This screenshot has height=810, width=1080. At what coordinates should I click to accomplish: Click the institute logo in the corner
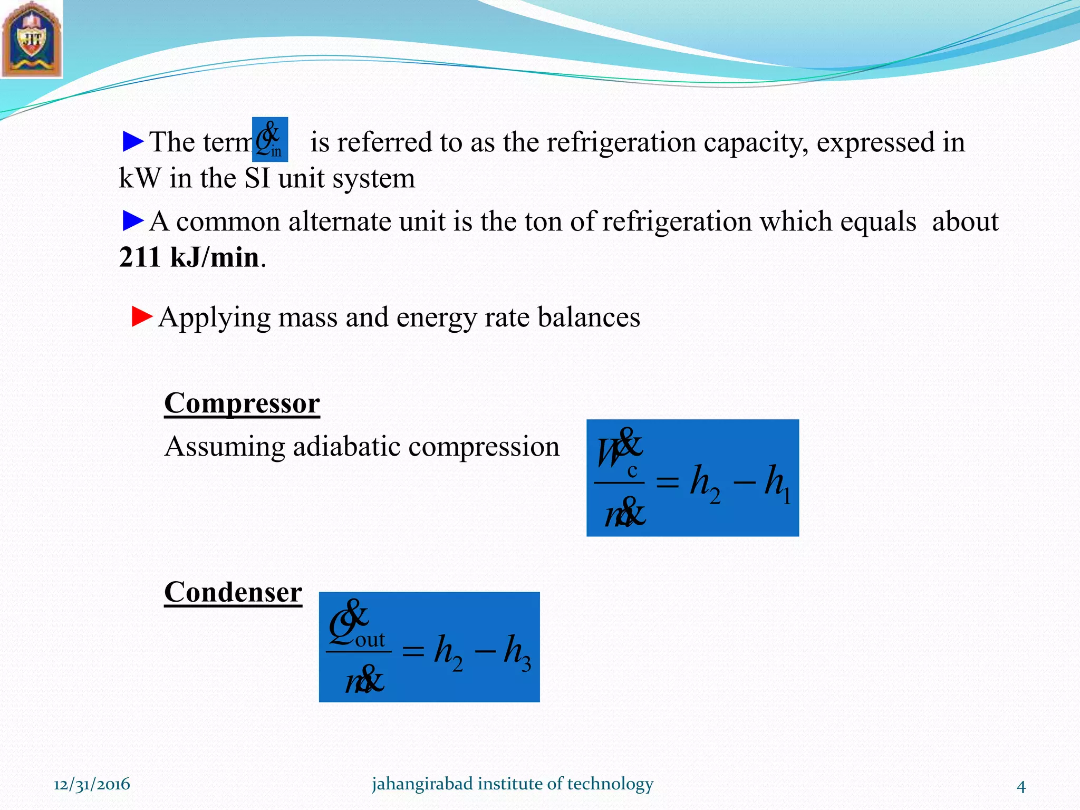pyautogui.click(x=31, y=39)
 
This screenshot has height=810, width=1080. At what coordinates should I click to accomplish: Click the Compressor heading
pyautogui.click(x=242, y=404)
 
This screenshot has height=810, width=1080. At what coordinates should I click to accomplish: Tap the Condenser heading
pyautogui.click(x=233, y=592)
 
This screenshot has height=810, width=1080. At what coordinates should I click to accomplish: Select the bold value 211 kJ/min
pyautogui.click(x=189, y=258)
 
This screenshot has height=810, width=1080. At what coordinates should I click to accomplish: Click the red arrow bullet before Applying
pyautogui.click(x=141, y=316)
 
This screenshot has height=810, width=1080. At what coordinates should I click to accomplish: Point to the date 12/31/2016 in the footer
pyautogui.click(x=92, y=784)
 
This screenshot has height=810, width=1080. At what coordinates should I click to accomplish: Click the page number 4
pyautogui.click(x=1021, y=787)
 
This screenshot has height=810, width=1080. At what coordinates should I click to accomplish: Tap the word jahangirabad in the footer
pyautogui.click(x=415, y=784)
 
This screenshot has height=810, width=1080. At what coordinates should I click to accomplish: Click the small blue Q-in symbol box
pyautogui.click(x=270, y=139)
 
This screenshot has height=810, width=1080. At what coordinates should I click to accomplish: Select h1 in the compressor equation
pyautogui.click(x=778, y=483)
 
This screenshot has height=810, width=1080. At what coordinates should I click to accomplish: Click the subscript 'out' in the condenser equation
pyautogui.click(x=370, y=640)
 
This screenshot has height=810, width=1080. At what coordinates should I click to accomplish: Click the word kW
pyautogui.click(x=139, y=178)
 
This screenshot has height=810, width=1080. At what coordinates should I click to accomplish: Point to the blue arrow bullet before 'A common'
pyautogui.click(x=132, y=220)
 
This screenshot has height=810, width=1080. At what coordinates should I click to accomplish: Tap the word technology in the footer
pyautogui.click(x=610, y=784)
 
